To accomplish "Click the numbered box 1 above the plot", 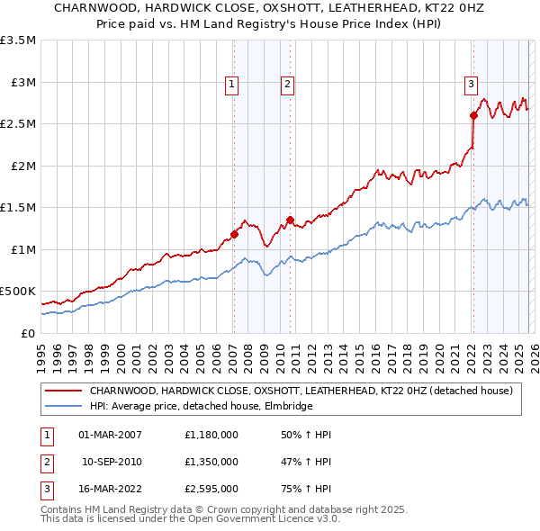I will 231,85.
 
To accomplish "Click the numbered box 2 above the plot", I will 287,85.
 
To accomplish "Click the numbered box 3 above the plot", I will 471,85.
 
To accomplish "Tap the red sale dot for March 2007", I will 234,234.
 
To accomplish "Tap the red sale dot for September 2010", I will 290,220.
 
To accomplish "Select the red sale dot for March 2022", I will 473,115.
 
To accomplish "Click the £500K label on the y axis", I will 18,292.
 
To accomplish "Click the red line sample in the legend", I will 63,391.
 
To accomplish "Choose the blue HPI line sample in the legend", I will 63,407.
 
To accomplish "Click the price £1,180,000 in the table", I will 211,435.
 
